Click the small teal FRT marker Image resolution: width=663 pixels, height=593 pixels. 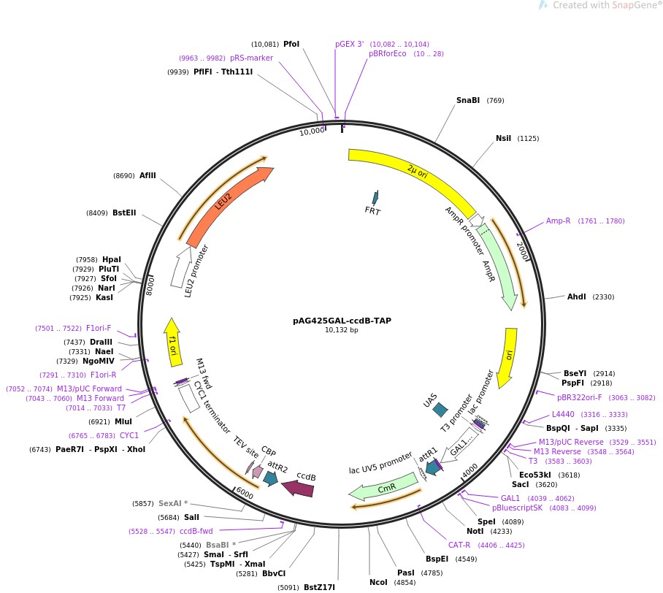(x=375, y=198)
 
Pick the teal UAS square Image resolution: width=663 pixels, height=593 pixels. (x=440, y=411)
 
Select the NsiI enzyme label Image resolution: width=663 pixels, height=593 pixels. (x=503, y=138)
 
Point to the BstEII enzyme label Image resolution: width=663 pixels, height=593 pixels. (x=123, y=213)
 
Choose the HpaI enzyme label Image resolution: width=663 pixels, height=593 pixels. (x=112, y=259)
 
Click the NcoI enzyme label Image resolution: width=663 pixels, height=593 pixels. (x=378, y=582)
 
